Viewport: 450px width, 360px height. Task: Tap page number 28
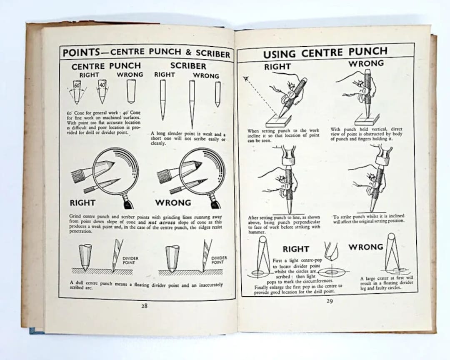144,305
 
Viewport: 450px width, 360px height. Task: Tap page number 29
329,301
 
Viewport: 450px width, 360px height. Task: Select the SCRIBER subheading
188,66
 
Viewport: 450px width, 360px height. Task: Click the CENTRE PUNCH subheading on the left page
106,66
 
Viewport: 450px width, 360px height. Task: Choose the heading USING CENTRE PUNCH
325,53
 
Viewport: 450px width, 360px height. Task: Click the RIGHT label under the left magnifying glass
83,203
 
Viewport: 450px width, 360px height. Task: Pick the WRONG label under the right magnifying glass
173,203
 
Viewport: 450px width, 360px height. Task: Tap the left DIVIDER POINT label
130,260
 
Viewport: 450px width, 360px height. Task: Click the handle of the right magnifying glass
215,203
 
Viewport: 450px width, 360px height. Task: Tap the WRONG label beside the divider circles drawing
365,247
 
